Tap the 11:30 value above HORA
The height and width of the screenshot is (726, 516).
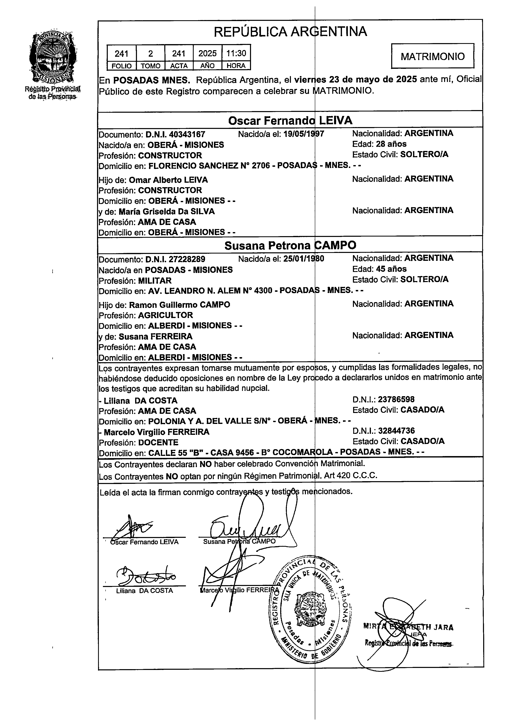tap(236, 53)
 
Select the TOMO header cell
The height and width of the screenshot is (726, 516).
tap(150, 66)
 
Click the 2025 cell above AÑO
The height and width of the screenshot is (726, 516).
tap(207, 53)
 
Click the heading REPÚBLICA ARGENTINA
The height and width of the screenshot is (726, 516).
tap(290, 32)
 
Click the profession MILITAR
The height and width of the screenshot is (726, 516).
tap(155, 280)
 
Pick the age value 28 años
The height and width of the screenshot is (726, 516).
tap(391, 144)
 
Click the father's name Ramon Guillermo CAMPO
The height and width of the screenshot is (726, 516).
tap(179, 305)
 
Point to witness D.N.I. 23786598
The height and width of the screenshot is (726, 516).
tap(396, 399)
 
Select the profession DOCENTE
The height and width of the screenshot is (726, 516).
tap(158, 442)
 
